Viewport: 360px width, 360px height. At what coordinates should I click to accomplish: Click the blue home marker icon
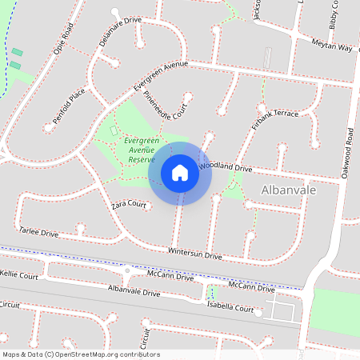180,173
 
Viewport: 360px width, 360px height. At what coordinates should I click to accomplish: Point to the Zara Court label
130,205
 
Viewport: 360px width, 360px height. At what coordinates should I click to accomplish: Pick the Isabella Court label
235,306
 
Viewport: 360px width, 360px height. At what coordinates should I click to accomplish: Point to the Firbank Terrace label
274,118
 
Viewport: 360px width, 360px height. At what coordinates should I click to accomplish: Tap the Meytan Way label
332,46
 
